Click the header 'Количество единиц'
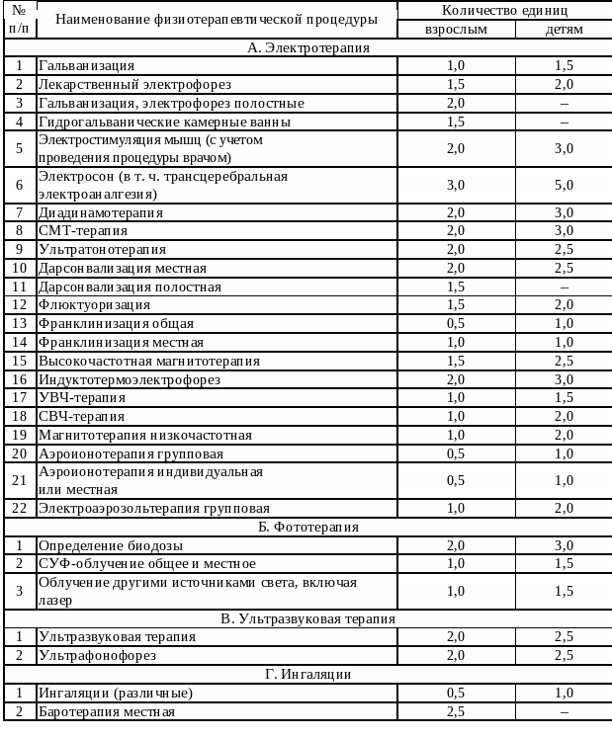pyautogui.click(x=504, y=10)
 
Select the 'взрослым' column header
pyautogui.click(x=456, y=29)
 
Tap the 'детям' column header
pyautogui.click(x=564, y=29)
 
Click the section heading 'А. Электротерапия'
pyautogui.click(x=307, y=47)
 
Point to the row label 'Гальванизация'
pyautogui.click(x=86, y=66)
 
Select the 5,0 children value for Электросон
pyautogui.click(x=564, y=185)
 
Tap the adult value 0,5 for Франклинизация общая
pyautogui.click(x=456, y=324)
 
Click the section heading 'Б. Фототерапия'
pyautogui.click(x=307, y=527)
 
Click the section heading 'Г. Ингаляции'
pyautogui.click(x=307, y=674)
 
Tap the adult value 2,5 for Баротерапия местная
pyautogui.click(x=456, y=711)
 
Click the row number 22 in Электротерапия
pyautogui.click(x=19, y=508)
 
